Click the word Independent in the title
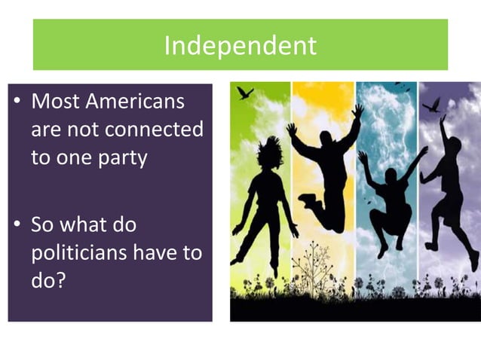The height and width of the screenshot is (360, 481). pyautogui.click(x=240, y=46)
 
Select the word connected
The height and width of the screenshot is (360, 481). pyautogui.click(x=154, y=130)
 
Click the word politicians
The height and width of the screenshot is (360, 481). pyautogui.click(x=79, y=253)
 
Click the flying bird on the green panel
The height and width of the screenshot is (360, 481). pyautogui.click(x=245, y=93)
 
